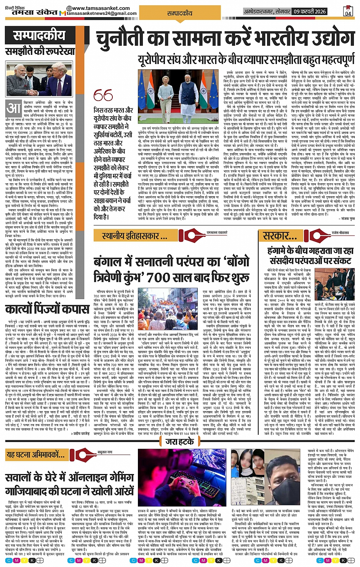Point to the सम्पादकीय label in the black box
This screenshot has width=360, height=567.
tap(39, 36)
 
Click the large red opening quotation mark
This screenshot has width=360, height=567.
tap(103, 95)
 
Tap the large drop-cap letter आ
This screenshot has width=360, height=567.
tap(14, 109)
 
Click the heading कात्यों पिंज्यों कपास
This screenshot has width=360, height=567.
tap(47, 308)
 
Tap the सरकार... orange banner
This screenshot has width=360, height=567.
tap(280, 235)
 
